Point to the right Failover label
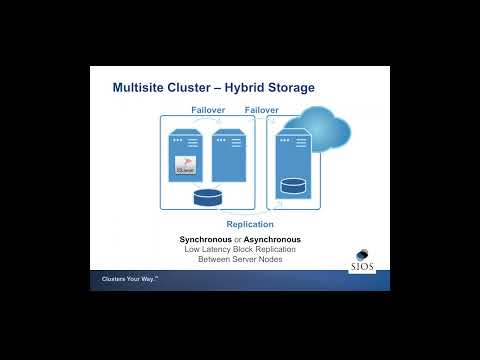point(262,110)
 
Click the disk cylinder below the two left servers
point(207,196)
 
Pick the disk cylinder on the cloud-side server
point(293,185)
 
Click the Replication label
point(250,225)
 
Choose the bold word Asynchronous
point(272,240)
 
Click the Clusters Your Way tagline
point(131,280)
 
